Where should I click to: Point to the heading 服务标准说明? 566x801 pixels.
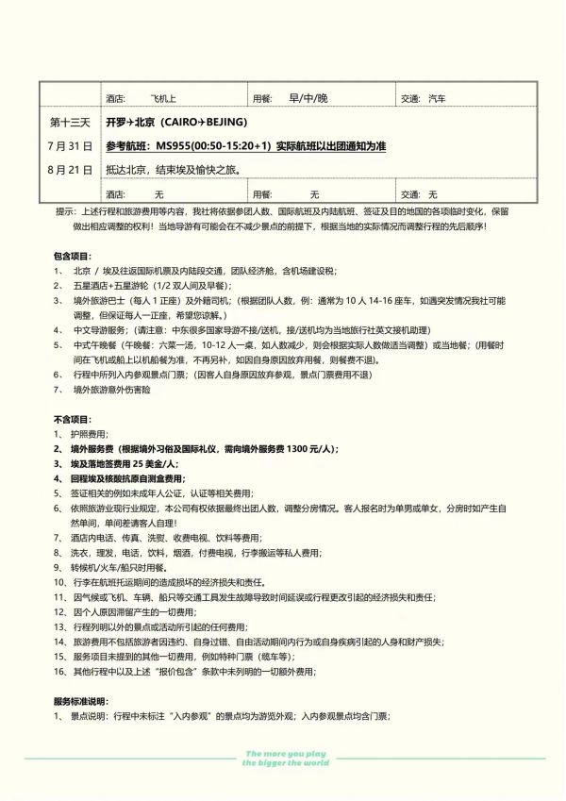coord(81,701)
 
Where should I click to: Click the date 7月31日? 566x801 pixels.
coord(69,146)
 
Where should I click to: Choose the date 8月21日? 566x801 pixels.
coord(69,170)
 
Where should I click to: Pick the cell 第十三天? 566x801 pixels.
coord(69,123)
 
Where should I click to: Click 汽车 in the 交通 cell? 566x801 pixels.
coord(437,98)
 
